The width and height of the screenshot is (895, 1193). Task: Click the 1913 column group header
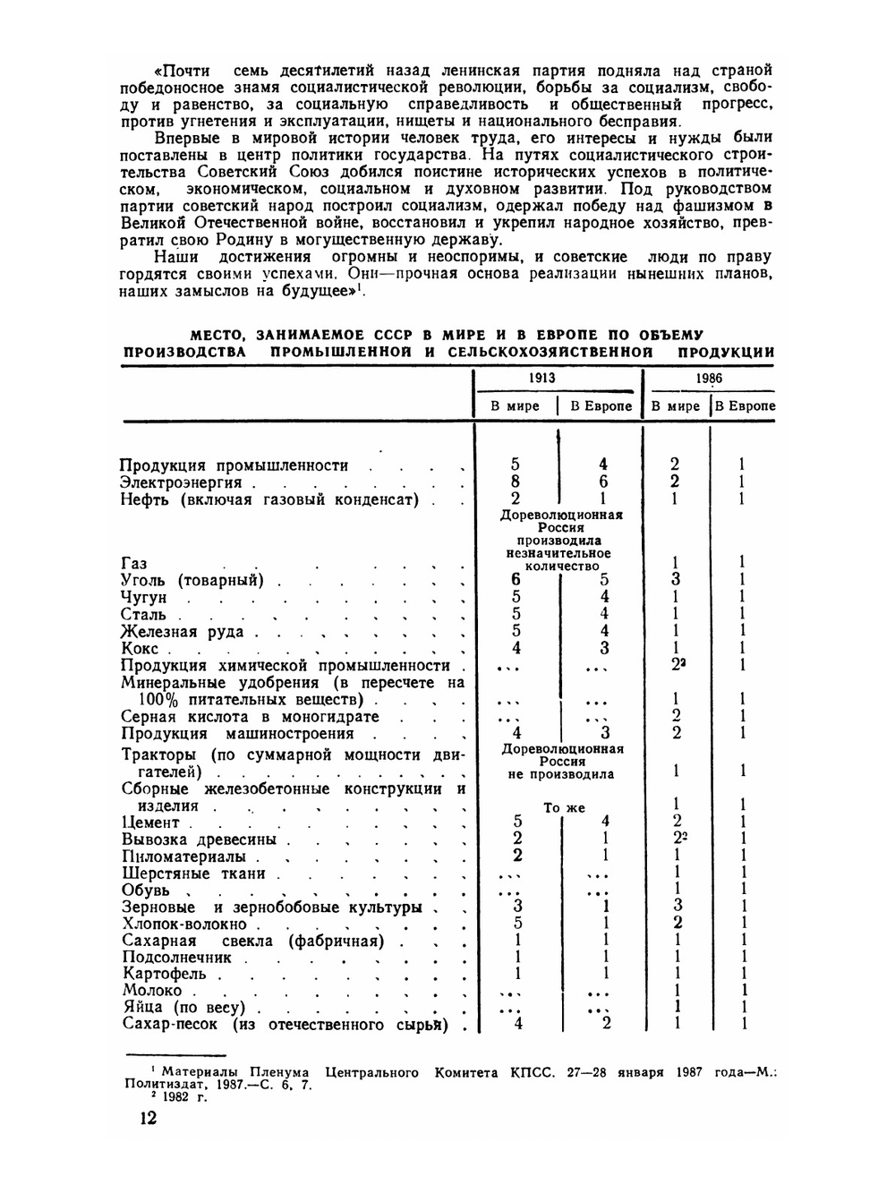tap(541, 378)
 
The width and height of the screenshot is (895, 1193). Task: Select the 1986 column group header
tap(709, 378)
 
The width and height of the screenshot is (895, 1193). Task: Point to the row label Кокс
tap(140, 649)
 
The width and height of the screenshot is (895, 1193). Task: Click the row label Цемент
tap(150, 822)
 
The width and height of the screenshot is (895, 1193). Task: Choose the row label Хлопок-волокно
tap(183, 924)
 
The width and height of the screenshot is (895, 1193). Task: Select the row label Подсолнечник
tap(176, 957)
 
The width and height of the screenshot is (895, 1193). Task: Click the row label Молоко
tap(152, 991)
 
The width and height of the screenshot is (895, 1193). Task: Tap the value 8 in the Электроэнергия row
tap(516, 481)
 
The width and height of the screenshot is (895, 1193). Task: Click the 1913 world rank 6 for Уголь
tap(516, 580)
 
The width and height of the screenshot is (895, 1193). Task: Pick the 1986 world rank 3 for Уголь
tap(676, 580)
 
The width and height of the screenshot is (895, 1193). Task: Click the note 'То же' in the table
tap(564, 807)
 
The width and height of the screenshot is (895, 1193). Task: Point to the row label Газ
tap(133, 564)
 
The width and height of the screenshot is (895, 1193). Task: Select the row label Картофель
tap(164, 974)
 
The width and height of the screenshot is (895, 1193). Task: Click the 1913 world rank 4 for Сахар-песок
tap(517, 1024)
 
